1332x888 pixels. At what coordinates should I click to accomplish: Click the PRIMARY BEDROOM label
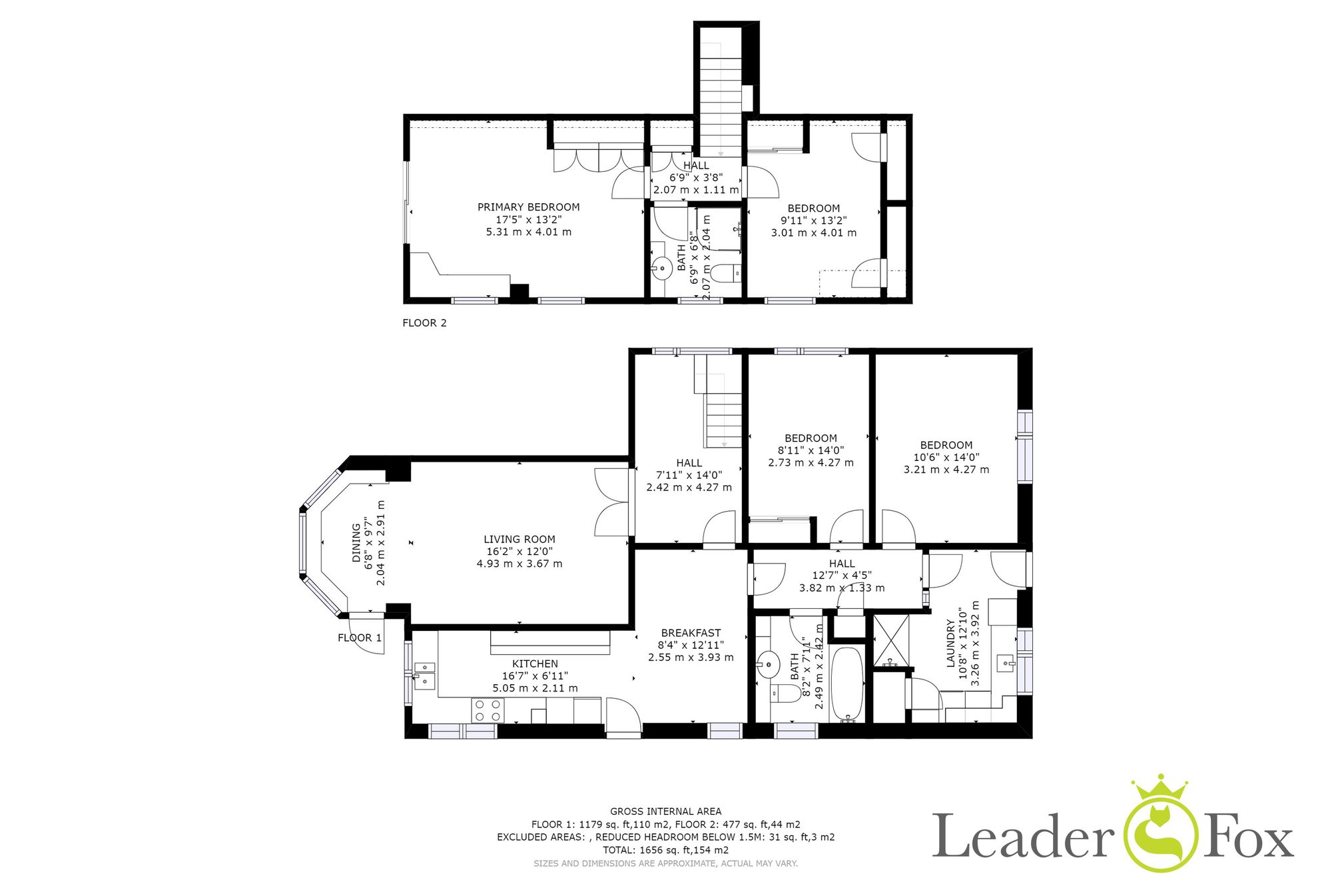click(528, 207)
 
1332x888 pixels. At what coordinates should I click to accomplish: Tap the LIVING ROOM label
click(519, 540)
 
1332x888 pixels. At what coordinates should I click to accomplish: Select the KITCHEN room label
click(535, 664)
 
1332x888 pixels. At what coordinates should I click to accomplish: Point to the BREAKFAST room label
click(691, 634)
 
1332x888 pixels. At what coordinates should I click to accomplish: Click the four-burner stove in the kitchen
click(488, 710)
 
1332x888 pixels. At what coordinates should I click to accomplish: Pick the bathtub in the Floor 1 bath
click(848, 684)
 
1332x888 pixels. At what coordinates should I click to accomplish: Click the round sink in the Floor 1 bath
click(768, 664)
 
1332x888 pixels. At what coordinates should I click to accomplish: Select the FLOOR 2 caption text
click(424, 323)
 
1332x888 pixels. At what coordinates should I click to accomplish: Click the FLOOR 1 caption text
click(360, 638)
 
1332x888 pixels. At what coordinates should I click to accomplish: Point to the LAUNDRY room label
click(951, 644)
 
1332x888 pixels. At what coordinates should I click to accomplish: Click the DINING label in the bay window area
click(356, 543)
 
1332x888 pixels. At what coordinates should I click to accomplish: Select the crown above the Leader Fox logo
click(1160, 790)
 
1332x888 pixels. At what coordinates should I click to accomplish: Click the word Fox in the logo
click(1247, 835)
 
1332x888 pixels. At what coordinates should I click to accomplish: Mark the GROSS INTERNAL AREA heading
click(665, 811)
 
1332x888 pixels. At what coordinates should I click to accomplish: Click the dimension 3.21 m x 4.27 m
click(946, 470)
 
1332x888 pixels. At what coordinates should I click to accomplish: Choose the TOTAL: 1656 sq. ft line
click(665, 850)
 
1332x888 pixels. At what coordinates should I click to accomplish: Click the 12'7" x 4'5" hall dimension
click(841, 576)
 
